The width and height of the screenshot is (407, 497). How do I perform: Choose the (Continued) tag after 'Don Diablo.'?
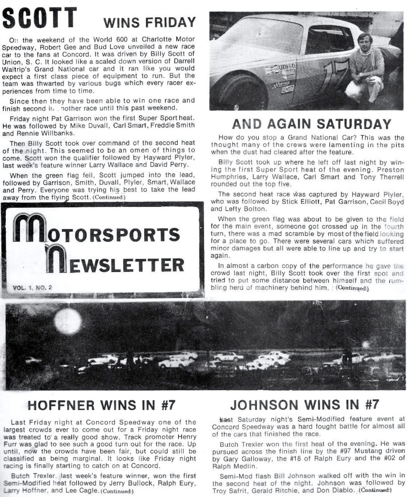[375, 490]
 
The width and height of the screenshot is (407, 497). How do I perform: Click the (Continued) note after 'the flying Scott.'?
[109, 197]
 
